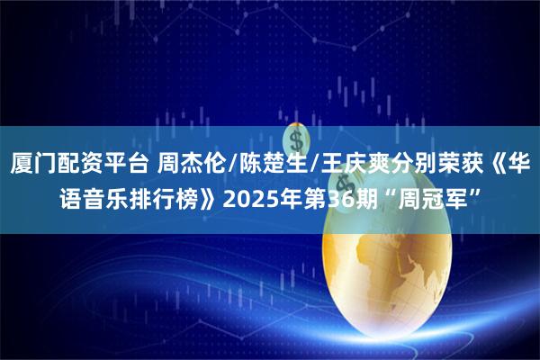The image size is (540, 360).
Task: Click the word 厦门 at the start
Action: tap(36, 165)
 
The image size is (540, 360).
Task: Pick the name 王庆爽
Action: tap(338, 165)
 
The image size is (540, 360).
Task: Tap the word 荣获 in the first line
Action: tap(450, 165)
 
